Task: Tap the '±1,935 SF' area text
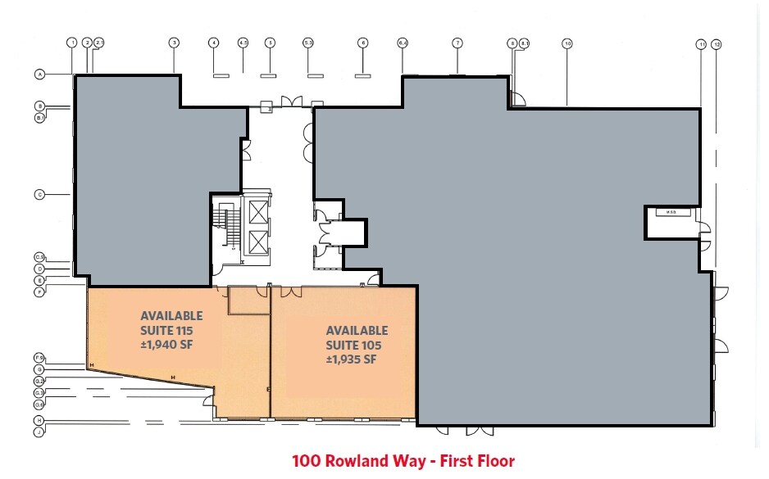(351, 359)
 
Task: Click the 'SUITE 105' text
(357, 345)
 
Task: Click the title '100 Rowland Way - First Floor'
(403, 462)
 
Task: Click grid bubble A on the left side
(39, 75)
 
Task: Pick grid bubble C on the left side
(39, 194)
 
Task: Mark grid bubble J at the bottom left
(39, 430)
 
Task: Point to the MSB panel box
(670, 212)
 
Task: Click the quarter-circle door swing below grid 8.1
(517, 98)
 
